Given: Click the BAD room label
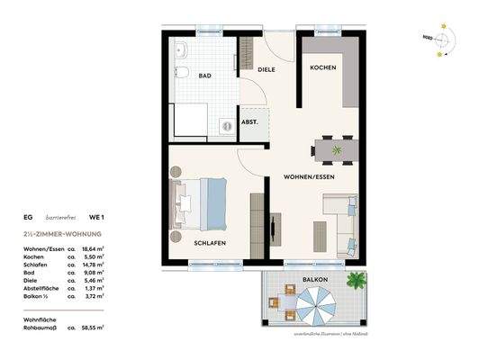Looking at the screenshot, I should tap(205, 76).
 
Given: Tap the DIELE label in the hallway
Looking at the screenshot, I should tap(266, 69).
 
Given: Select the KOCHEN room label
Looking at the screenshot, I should tap(323, 69).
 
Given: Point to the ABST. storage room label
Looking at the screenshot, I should tap(249, 122).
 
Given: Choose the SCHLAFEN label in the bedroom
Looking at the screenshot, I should tap(209, 243).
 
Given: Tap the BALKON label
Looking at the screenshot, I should tap(315, 280).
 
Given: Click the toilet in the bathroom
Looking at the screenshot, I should tap(180, 75).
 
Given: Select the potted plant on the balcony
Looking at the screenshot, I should tap(357, 282).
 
